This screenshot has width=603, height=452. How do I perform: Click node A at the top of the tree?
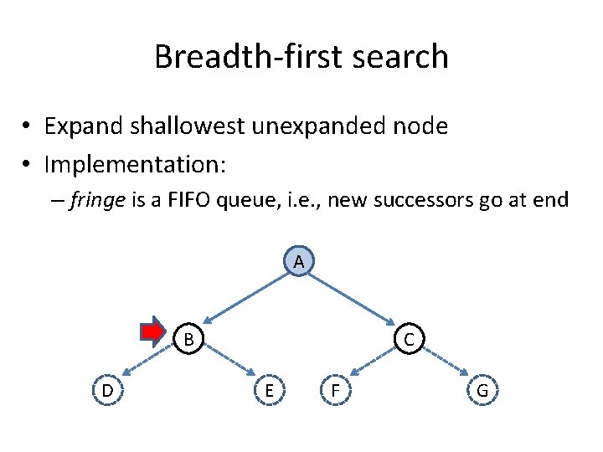298,261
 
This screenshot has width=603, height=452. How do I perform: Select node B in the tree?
189,339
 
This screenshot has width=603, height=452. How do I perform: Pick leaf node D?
107,390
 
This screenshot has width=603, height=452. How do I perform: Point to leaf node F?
335,390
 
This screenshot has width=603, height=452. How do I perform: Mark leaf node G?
482,390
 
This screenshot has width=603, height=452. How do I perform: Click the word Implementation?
135,164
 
